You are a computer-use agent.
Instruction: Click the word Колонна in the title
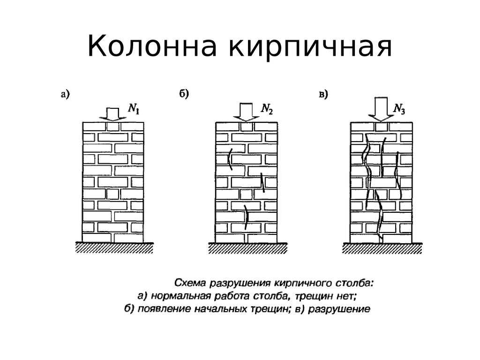[x=152, y=46]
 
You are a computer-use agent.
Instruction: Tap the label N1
[x=134, y=109]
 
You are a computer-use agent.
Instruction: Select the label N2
[x=267, y=109]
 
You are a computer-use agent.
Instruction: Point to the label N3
[x=399, y=109]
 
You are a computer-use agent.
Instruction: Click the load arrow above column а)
[x=112, y=114]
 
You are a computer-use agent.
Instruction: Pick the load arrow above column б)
[x=246, y=112]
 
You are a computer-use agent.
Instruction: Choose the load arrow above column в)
[x=381, y=109]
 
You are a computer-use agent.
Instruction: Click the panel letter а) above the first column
[x=65, y=94]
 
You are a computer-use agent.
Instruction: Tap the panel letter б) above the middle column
[x=184, y=93]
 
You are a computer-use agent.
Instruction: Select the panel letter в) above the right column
[x=323, y=94]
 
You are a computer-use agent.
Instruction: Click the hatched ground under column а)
[x=114, y=247]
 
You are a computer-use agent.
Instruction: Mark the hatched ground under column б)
[x=248, y=248]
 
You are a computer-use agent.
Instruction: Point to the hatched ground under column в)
[x=382, y=248]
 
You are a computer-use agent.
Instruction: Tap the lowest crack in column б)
[x=246, y=217]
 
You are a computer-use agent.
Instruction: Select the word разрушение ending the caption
[x=339, y=309]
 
